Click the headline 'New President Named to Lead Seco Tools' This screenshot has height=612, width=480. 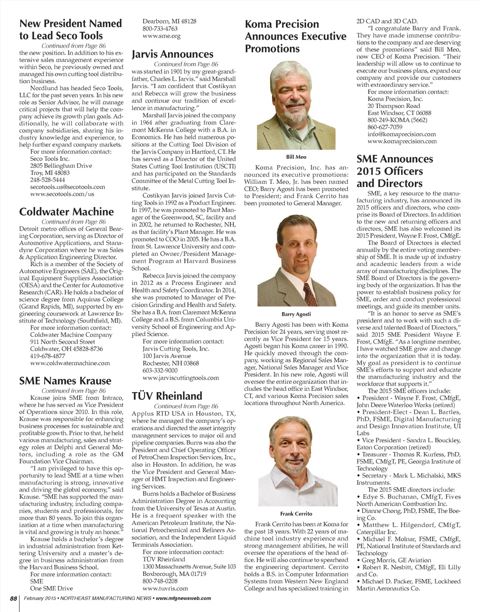(70, 30)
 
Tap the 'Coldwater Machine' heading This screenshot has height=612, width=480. (66, 212)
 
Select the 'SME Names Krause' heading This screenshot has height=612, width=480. (65, 381)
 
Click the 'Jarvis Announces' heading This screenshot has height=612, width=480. (172, 54)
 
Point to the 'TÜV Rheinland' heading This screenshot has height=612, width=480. (167, 396)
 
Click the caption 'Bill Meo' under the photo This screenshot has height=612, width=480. (296, 157)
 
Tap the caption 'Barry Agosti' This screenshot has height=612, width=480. (296, 314)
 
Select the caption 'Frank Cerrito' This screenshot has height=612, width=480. (296, 514)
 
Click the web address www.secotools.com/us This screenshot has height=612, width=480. (62, 194)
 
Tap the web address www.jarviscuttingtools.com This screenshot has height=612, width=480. (181, 378)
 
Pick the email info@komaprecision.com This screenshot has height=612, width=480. (402, 134)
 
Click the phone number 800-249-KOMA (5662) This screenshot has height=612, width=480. (397, 120)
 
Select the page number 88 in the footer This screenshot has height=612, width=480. (14, 598)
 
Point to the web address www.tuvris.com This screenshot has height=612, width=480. (165, 588)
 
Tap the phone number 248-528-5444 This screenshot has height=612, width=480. (47, 180)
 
